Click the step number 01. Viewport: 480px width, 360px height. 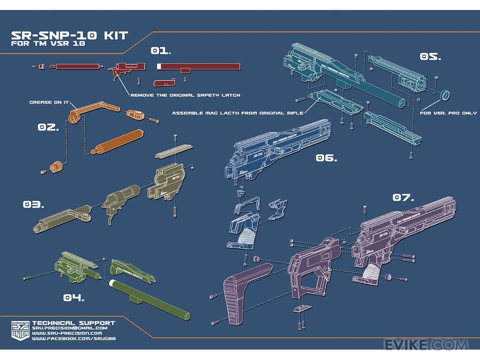pos(160,51)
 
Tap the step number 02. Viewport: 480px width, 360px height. pos(48,127)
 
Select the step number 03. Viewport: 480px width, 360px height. pos(33,205)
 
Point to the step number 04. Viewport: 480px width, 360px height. pos(74,298)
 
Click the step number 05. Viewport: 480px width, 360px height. pos(430,56)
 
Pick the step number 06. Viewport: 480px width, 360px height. pos(326,158)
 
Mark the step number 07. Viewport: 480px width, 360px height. pos(403,197)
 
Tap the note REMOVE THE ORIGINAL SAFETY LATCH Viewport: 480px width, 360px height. pos(185,95)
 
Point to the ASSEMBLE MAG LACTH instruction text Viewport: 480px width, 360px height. pos(238,113)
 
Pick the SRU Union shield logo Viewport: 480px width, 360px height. pos(20,330)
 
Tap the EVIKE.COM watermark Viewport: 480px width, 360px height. pos(426,345)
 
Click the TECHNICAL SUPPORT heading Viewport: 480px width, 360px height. pos(74,323)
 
